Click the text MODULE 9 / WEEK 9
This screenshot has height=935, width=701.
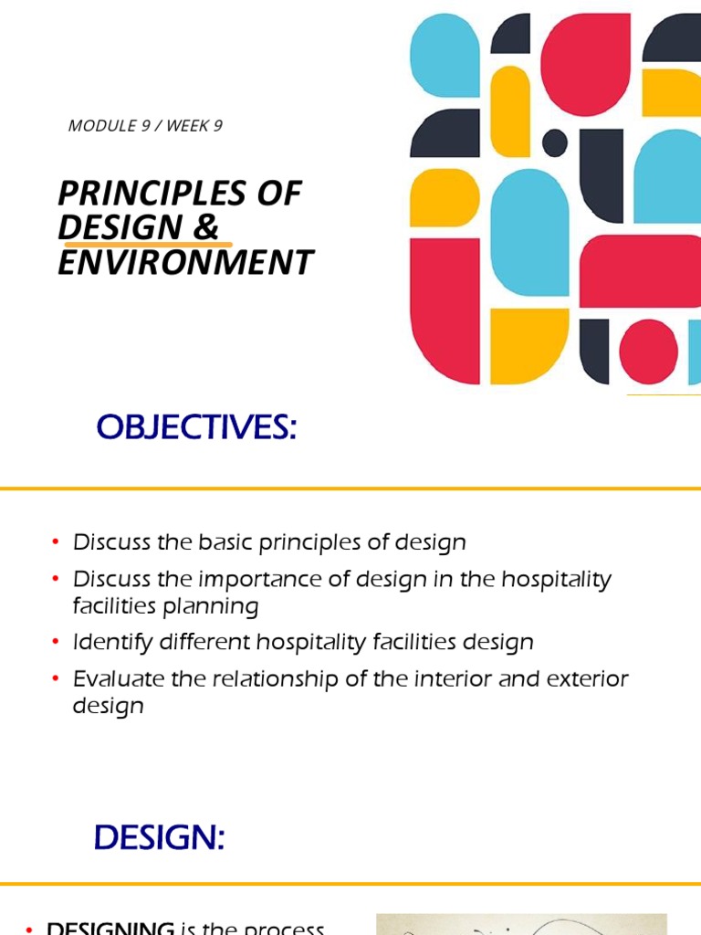tap(145, 126)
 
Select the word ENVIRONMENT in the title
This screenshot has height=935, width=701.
tap(185, 262)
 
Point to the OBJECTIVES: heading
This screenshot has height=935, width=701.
tap(197, 426)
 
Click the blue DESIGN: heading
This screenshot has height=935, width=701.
tap(159, 837)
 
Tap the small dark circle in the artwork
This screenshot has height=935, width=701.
tap(555, 142)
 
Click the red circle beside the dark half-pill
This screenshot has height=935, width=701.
tap(648, 352)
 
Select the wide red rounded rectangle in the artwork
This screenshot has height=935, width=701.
tap(639, 271)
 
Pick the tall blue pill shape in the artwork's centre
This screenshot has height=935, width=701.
tap(529, 233)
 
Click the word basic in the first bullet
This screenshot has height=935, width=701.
tap(220, 542)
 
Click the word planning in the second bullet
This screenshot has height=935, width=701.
tap(213, 607)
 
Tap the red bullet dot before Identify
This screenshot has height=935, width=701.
tap(56, 643)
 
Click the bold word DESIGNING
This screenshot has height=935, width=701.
tap(110, 928)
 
